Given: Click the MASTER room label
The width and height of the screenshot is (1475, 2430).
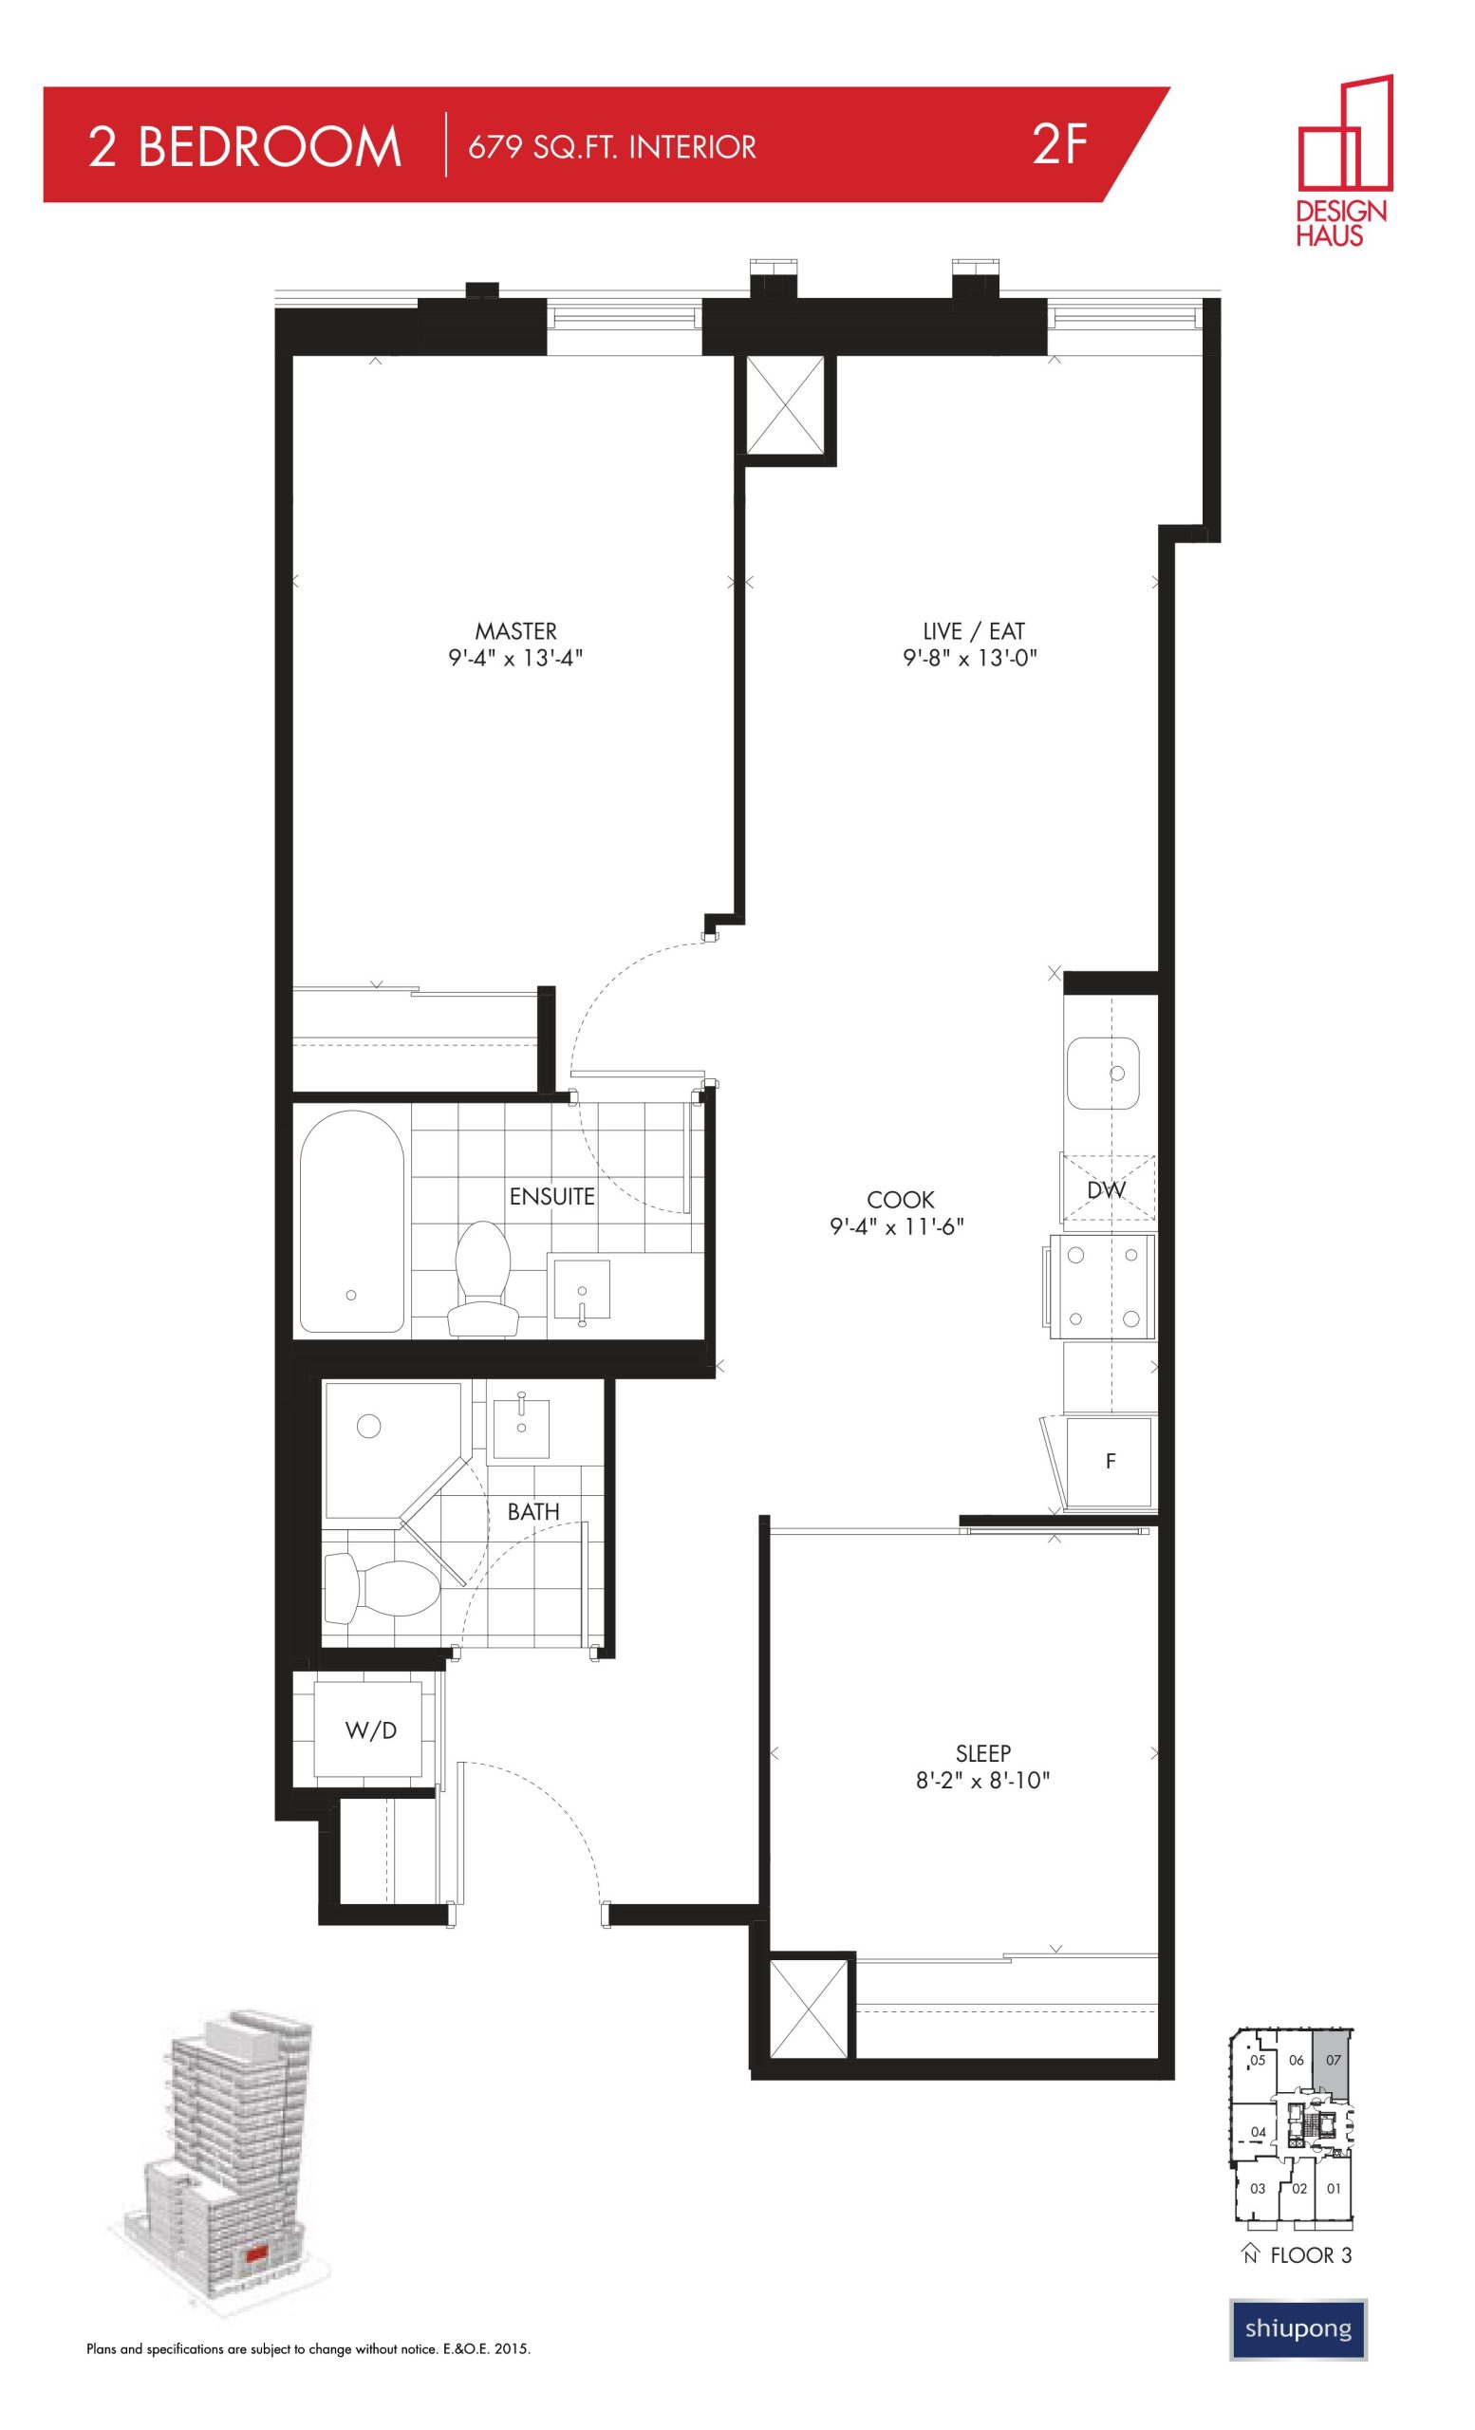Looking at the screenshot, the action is click(x=515, y=631).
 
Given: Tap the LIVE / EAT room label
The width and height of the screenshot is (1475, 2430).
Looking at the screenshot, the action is click(x=973, y=631).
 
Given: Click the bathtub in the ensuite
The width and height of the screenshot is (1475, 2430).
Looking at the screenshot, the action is click(x=351, y=1221).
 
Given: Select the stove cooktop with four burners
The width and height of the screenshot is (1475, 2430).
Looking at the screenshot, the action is click(x=1102, y=1286).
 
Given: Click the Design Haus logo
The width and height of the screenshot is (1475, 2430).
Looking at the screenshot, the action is click(x=1344, y=160).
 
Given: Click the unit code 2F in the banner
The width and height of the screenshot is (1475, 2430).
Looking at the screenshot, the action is click(x=1060, y=146).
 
